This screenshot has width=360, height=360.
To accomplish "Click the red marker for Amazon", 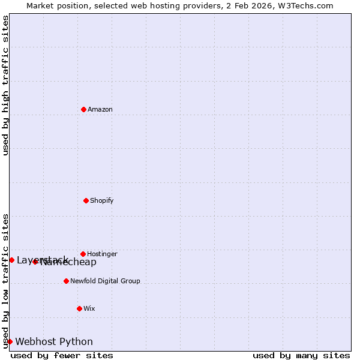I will [x=83, y=109].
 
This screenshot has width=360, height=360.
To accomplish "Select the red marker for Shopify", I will [x=86, y=200].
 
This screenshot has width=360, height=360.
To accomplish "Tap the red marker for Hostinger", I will [x=83, y=254].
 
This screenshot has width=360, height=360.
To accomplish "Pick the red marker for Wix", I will [x=79, y=308].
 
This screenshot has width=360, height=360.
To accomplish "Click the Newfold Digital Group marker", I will [x=66, y=281].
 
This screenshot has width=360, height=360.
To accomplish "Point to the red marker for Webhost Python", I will [x=10, y=341].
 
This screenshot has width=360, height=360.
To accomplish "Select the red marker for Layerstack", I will [x=11, y=260].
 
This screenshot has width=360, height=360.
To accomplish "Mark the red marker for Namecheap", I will [x=35, y=262].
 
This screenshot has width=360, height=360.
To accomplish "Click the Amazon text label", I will [x=100, y=109].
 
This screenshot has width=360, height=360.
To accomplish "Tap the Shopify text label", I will [x=101, y=200].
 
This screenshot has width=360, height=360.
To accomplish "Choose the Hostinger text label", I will [x=102, y=254].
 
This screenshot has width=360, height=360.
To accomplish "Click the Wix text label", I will [x=89, y=308].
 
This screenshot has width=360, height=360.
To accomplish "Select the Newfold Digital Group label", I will [x=105, y=281].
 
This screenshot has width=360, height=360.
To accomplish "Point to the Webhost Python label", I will [x=54, y=341].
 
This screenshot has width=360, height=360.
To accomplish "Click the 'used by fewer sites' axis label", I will [x=62, y=355].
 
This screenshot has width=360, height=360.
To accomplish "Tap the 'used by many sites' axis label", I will [x=301, y=355].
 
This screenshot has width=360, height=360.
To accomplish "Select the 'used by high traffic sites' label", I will [x=5, y=85].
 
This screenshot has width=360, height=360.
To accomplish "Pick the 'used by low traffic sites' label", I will [x=5, y=280].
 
